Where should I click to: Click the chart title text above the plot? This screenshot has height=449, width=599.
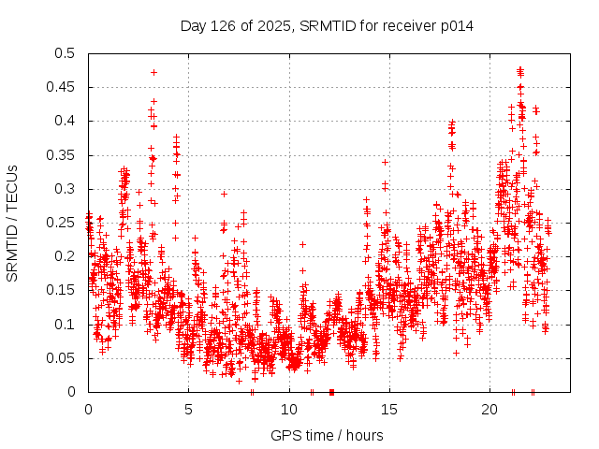pos(327,25)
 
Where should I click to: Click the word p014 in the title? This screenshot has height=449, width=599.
pos(457,25)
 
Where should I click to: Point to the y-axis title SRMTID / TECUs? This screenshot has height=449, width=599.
pos(12,223)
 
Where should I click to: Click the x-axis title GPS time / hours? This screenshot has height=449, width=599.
pos(327,435)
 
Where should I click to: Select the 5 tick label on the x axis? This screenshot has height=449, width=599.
pos(188,410)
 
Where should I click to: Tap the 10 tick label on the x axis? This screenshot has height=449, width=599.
pos(289,410)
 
